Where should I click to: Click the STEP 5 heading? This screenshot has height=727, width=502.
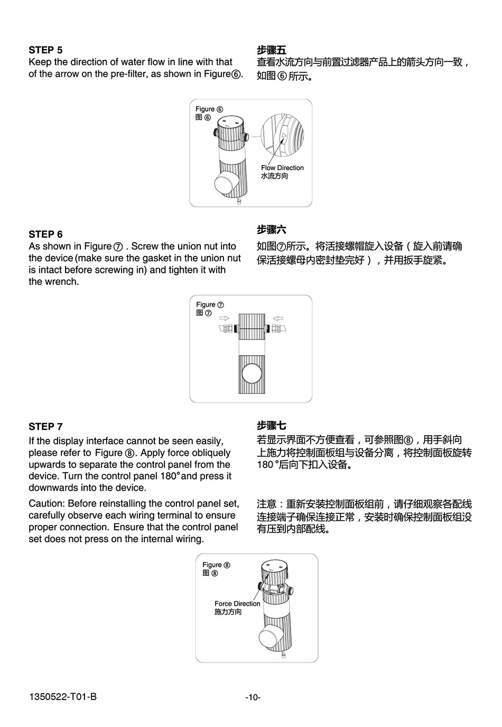click(45, 50)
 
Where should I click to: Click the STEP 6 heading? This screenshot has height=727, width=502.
click(45, 234)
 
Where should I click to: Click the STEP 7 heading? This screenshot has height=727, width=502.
click(45, 427)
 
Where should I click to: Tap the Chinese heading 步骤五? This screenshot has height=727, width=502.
click(272, 50)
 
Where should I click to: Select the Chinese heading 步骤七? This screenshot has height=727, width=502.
click(272, 426)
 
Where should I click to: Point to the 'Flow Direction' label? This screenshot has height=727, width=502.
click(282, 168)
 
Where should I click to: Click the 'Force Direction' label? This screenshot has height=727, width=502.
click(237, 604)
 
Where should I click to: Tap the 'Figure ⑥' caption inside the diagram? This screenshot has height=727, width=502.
click(209, 109)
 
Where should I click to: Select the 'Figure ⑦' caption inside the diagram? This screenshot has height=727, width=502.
click(210, 305)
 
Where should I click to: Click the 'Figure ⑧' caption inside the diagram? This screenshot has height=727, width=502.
click(216, 565)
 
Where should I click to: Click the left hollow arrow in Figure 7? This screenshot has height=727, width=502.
click(225, 318)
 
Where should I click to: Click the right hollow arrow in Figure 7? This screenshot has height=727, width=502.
click(278, 318)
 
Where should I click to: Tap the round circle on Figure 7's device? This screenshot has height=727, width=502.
click(252, 374)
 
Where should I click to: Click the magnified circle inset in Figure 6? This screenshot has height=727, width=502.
click(283, 136)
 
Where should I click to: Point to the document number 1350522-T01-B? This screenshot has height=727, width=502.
click(62, 697)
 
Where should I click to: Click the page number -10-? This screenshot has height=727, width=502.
click(253, 697)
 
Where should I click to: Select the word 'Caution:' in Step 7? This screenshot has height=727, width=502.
click(47, 504)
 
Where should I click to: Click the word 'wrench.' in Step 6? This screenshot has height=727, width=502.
click(53, 282)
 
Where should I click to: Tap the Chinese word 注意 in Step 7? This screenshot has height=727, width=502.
click(266, 504)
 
